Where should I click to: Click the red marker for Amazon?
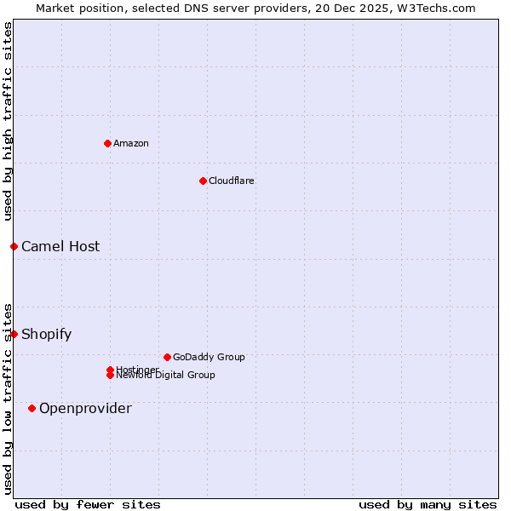[x=107, y=143]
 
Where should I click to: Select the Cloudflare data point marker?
[x=203, y=181]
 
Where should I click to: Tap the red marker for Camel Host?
[x=14, y=246]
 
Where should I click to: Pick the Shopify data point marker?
[x=14, y=334]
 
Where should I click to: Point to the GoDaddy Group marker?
[x=167, y=357]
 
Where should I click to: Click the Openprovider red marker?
[x=32, y=408]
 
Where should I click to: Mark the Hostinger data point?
[x=110, y=370]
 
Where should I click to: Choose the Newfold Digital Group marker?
[x=110, y=376]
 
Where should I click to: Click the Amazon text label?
[x=131, y=143]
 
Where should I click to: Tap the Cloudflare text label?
[x=232, y=181]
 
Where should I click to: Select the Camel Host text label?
[x=60, y=246]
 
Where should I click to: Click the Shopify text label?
[x=47, y=334]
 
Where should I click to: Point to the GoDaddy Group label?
[x=209, y=357]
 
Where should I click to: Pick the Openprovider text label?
[x=85, y=408]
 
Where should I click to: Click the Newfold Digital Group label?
[x=165, y=376]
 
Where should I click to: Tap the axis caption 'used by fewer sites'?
[x=88, y=504]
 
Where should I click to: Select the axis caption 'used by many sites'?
[x=428, y=504]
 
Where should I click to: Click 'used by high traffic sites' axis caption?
[x=8, y=122]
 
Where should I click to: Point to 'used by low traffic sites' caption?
[x=8, y=398]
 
